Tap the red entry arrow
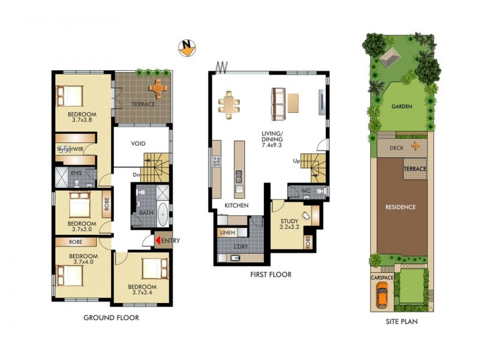click(x=158, y=241)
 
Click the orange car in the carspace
click(x=382, y=295)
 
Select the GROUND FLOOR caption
click(x=111, y=318)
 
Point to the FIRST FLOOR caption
click(x=271, y=275)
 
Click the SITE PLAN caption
click(x=401, y=322)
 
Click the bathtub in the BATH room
click(x=162, y=213)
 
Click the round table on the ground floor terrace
click(x=159, y=88)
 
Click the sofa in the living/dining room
click(x=278, y=104)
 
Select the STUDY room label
click(x=290, y=221)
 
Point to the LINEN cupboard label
click(x=227, y=232)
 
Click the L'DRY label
click(x=239, y=247)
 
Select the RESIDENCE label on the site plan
click(x=400, y=207)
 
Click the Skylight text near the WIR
click(x=65, y=149)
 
